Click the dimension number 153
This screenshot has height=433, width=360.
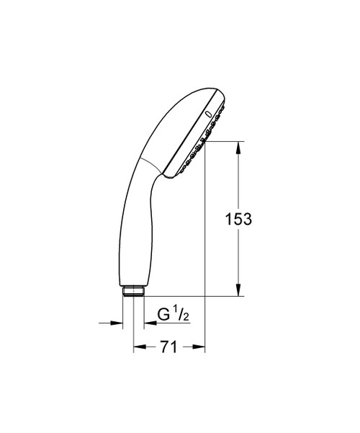[x=238, y=219]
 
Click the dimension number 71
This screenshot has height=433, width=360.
[x=169, y=347]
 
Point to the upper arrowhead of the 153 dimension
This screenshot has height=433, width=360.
[x=239, y=146]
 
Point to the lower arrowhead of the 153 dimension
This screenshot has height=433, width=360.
[x=239, y=291]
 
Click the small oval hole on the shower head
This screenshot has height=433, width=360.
[x=209, y=115]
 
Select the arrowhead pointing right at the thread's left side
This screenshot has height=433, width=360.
[x=116, y=323]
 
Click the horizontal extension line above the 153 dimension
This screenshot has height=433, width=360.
[x=227, y=140]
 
